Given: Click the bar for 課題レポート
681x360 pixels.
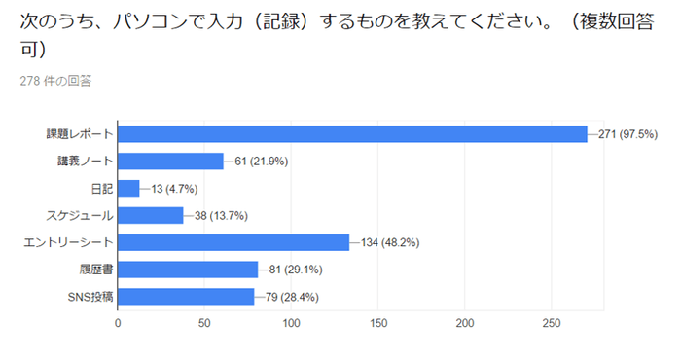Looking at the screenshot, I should (352, 134).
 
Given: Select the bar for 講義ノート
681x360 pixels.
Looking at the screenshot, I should (170, 162).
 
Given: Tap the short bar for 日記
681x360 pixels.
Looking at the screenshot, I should (128, 189).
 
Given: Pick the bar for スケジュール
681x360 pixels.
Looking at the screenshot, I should (150, 216).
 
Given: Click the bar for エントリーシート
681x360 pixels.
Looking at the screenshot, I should (233, 242).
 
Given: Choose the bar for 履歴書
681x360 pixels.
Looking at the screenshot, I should (188, 270).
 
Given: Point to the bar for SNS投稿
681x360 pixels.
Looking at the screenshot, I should (186, 297).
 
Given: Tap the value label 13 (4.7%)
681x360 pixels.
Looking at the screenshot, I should (172, 189).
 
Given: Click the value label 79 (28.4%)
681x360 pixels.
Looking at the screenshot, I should (290, 297).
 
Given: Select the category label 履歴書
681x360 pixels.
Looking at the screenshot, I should (96, 270).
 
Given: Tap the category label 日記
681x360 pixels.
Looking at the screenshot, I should (101, 189).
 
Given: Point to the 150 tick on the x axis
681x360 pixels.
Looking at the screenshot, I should (378, 323).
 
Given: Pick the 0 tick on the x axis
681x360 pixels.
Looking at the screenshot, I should (118, 323).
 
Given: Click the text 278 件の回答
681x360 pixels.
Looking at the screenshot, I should (55, 82).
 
